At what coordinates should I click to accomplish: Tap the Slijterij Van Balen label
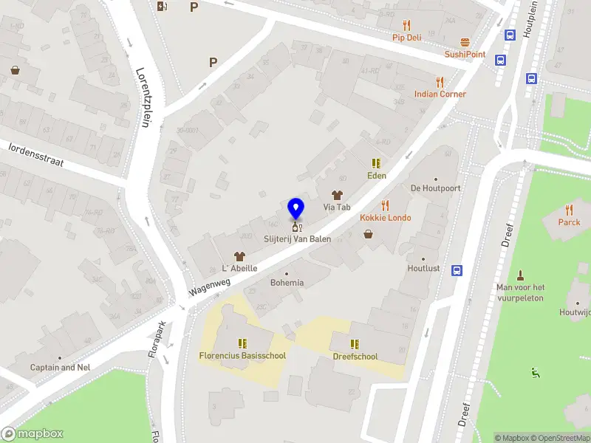298,239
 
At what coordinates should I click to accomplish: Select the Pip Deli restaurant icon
407,25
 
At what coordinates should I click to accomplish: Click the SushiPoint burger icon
465,42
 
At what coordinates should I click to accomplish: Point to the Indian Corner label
440,94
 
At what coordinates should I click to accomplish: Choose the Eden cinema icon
377,163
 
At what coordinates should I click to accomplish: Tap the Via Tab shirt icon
337,195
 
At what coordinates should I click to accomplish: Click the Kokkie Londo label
386,218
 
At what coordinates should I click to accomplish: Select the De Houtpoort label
436,188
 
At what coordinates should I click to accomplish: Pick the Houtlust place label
423,269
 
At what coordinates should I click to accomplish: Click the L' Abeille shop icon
239,255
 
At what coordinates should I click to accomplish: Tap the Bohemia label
287,283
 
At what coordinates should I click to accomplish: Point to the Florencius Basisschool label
242,356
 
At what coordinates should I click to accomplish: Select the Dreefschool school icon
355,344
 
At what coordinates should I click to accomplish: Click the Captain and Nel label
61,367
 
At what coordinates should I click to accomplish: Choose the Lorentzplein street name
143,97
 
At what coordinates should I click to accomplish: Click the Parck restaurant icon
569,210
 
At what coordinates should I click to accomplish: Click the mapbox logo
33,434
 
